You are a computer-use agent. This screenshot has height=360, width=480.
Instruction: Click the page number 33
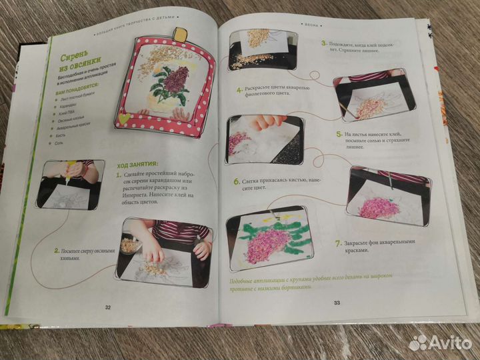coord(337,303)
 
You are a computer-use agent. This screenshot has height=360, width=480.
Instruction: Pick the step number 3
coord(323,43)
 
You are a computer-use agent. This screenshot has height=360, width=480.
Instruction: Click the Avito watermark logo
coord(440,343)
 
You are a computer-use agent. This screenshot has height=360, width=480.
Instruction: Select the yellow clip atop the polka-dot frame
coord(179,34)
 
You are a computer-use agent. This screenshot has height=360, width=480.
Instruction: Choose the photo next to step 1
coord(71,184)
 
